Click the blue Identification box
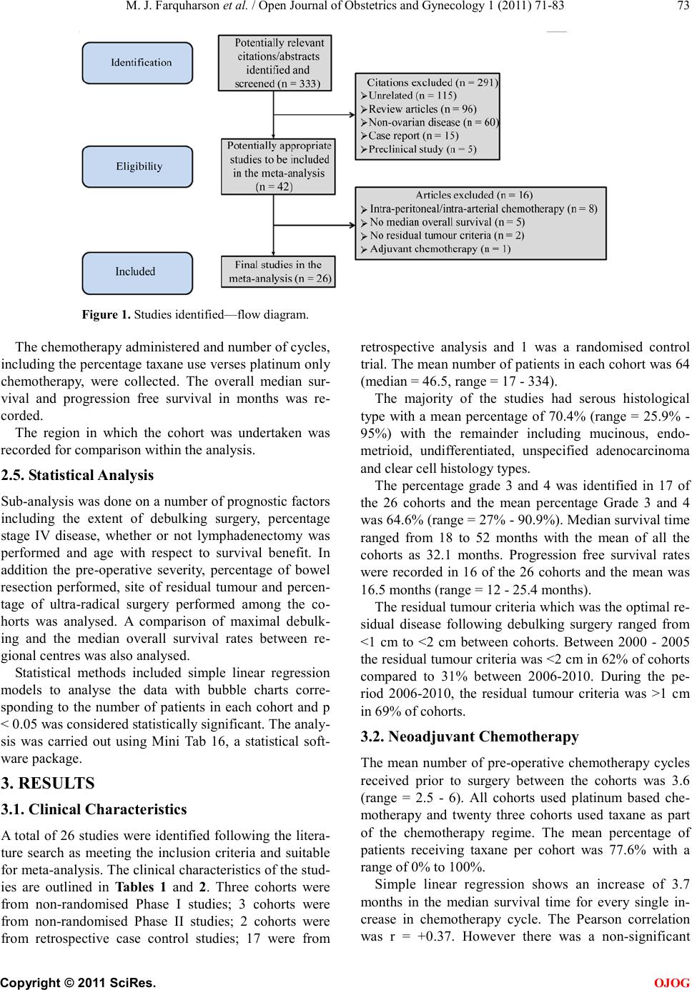pos(137,63)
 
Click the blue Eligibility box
pos(137,166)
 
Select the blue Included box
pos(137,272)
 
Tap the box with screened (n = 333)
pos(275,63)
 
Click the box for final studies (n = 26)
pos(278,272)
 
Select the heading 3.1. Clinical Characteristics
pos(94,809)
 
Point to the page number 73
pos(683,7)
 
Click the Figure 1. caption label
pos(105,314)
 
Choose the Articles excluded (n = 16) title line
pos(474,195)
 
